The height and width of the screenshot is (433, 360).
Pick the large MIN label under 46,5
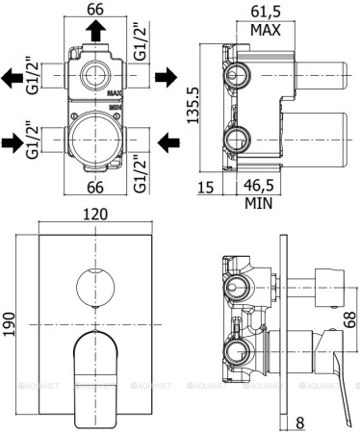click(257, 203)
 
